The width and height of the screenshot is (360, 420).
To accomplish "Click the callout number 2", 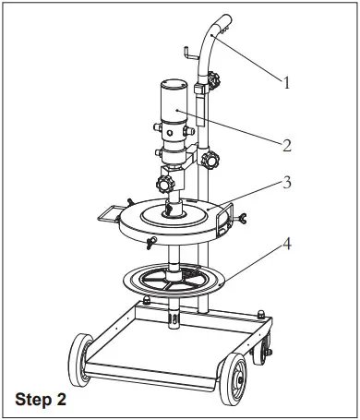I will [x=287, y=144].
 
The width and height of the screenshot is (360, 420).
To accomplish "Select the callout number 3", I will [x=287, y=183].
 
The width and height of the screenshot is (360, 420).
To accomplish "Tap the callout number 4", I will [x=287, y=245].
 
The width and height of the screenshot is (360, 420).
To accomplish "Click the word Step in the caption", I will [x=34, y=402].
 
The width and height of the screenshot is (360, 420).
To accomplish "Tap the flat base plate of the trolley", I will [x=166, y=346].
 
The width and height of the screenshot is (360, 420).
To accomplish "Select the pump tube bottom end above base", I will [x=173, y=319].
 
